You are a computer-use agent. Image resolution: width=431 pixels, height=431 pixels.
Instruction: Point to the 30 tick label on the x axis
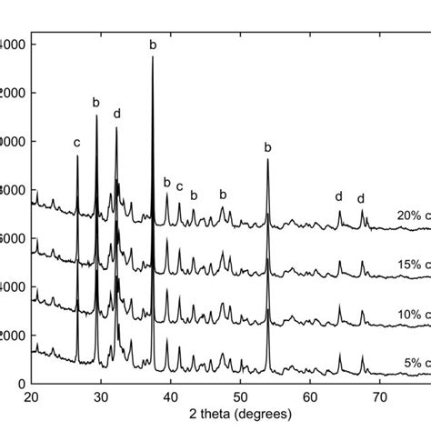(x=101, y=397)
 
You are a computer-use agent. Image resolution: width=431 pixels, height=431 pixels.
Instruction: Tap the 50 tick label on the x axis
(x=240, y=397)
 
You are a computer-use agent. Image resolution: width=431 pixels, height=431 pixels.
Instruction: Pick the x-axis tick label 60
(x=310, y=397)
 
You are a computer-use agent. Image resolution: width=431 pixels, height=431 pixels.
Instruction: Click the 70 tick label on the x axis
(x=380, y=397)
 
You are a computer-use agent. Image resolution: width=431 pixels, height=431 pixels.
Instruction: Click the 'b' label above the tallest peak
(x=153, y=44)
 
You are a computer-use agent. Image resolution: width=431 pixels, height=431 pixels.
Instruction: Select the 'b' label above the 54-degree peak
(x=267, y=147)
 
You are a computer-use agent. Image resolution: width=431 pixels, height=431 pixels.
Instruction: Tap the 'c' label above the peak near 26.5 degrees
(x=77, y=143)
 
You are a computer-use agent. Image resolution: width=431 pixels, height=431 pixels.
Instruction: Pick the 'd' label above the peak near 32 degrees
(x=116, y=114)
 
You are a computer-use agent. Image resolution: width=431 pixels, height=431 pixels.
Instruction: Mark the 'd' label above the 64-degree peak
(x=338, y=196)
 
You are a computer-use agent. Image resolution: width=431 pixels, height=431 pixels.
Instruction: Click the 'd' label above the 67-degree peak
(x=360, y=199)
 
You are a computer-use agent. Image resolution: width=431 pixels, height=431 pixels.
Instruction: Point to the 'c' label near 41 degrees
(x=179, y=187)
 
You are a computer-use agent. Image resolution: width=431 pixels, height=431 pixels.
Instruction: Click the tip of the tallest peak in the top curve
(x=153, y=57)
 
